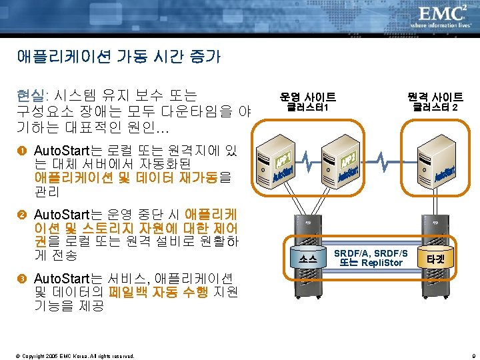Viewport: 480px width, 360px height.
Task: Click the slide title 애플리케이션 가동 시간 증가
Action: (x=119, y=57)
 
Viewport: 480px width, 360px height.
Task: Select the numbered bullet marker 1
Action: (x=23, y=149)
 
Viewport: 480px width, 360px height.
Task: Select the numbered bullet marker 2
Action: (x=23, y=215)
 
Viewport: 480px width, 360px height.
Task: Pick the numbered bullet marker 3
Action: (x=23, y=278)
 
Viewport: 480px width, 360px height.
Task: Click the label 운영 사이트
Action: (x=307, y=97)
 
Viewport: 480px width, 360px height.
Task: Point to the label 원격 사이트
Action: (x=435, y=97)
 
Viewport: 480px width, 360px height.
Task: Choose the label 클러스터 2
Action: (x=435, y=107)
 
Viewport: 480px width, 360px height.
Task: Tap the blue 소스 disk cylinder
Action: (x=307, y=258)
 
